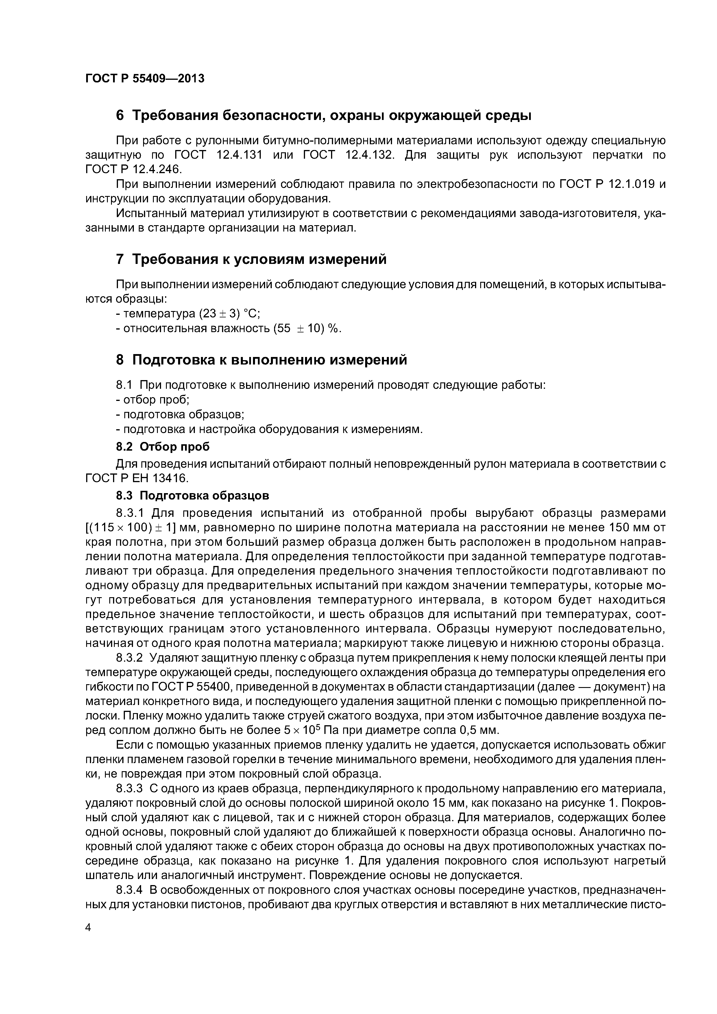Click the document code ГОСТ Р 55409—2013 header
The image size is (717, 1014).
click(145, 79)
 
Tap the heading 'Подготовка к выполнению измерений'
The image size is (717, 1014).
click(269, 360)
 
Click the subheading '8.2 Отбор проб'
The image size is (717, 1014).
click(162, 447)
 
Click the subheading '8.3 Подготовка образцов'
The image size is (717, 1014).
click(193, 495)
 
